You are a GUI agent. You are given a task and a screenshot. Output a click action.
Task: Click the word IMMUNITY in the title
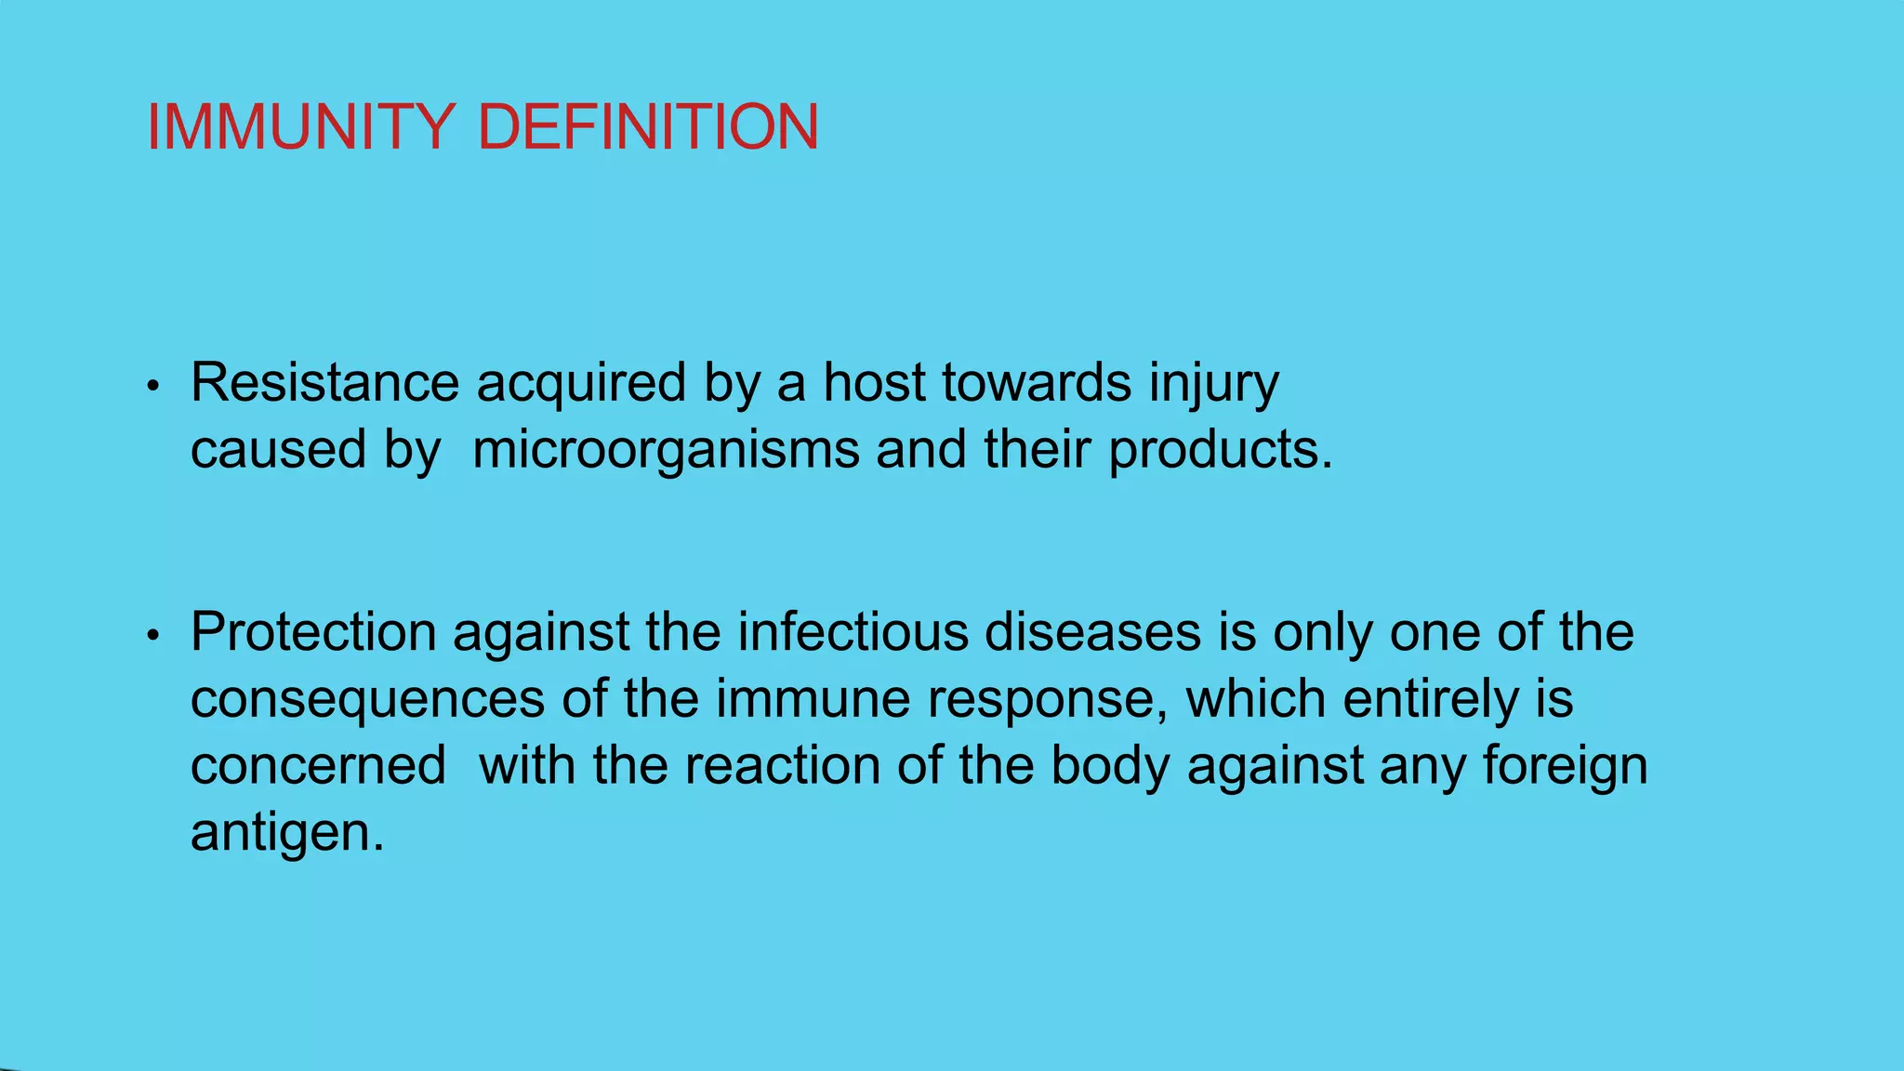[x=300, y=127]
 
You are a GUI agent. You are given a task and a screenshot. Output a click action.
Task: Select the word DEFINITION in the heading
[x=648, y=127]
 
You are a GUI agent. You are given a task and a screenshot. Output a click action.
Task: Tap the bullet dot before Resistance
[x=154, y=387]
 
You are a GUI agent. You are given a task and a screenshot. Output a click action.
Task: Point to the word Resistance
[x=324, y=382]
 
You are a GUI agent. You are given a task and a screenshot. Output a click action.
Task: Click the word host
[x=874, y=382]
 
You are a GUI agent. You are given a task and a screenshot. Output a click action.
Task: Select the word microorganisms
[x=666, y=451]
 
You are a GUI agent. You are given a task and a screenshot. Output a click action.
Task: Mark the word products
[x=1221, y=451]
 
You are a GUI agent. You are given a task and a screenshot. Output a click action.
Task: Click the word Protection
[x=313, y=632]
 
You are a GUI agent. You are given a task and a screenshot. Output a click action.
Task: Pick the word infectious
[x=853, y=632]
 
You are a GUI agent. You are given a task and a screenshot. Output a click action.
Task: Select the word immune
[x=813, y=699]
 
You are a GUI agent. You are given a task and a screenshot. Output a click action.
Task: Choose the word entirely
[x=1431, y=699]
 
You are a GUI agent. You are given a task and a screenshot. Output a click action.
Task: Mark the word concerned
[x=318, y=766]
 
